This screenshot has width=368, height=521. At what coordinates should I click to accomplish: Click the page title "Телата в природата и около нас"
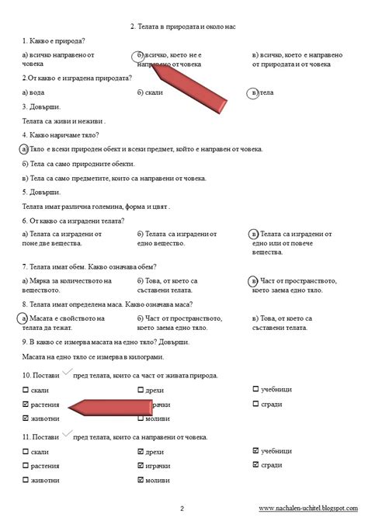point(184,26)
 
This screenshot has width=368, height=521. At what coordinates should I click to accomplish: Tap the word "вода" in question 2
point(36,92)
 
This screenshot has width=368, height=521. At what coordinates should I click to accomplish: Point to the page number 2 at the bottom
point(182,509)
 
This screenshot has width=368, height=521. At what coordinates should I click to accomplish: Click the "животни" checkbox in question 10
point(26,419)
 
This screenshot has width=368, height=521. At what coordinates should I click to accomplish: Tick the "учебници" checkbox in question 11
point(256,450)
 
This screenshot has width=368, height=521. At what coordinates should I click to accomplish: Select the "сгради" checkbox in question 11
point(256,464)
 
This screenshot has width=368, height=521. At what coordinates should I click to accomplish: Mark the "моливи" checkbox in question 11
point(141,480)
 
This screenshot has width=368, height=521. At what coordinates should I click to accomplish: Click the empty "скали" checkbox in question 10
point(26,391)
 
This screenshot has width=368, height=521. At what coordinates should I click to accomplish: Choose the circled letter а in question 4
point(25,149)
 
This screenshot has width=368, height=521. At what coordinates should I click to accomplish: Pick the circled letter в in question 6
point(253,233)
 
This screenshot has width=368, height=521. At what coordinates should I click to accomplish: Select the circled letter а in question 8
point(25,318)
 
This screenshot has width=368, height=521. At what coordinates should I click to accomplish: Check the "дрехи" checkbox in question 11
point(141,450)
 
